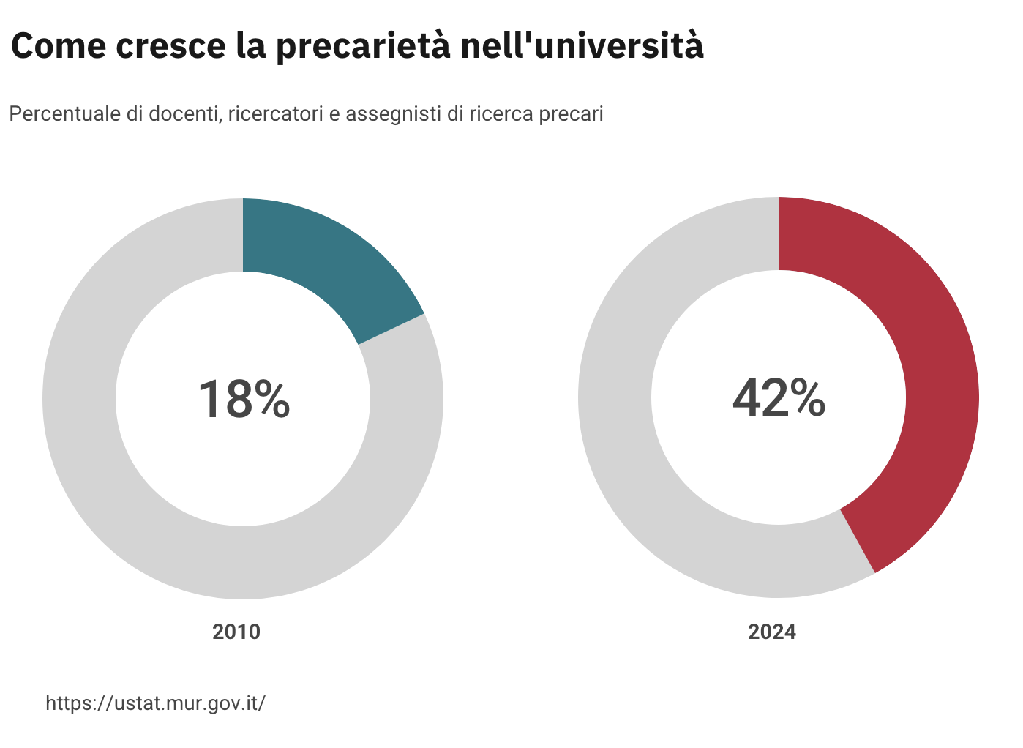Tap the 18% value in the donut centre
pos(244,400)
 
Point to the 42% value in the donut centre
pos(779,400)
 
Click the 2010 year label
pos(236,632)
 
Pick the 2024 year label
pos(771,632)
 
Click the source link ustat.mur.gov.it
pos(155,703)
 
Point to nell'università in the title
pos(582,47)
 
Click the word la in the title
pos(250,47)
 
